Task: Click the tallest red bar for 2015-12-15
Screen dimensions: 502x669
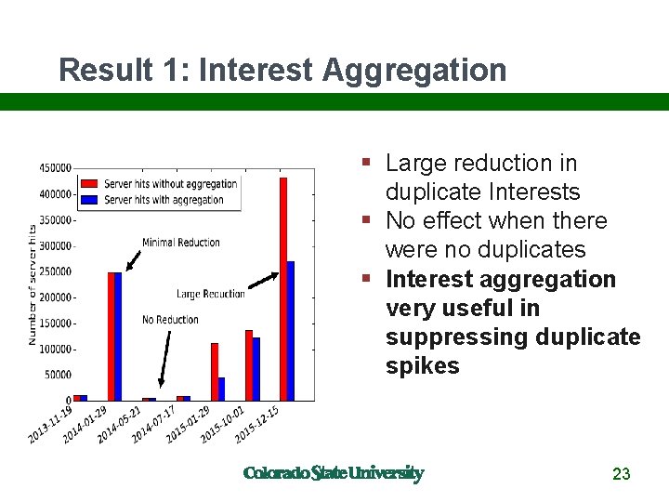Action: (x=283, y=288)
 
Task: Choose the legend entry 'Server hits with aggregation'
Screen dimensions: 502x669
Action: (x=164, y=200)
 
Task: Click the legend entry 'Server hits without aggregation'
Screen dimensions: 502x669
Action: (x=170, y=184)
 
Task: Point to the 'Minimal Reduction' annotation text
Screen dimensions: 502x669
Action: (x=181, y=243)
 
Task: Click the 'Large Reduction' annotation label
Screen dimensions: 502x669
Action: (x=211, y=294)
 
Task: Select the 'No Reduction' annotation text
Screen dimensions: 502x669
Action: (x=170, y=320)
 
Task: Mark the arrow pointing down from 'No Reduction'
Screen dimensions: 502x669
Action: (x=164, y=359)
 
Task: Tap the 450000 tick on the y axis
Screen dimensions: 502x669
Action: (x=55, y=168)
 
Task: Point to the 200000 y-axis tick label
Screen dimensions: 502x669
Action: (x=55, y=297)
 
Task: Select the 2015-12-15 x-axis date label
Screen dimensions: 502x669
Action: (x=258, y=424)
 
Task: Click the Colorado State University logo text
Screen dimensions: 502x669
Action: (x=333, y=473)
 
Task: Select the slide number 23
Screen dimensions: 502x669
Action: (x=622, y=474)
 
